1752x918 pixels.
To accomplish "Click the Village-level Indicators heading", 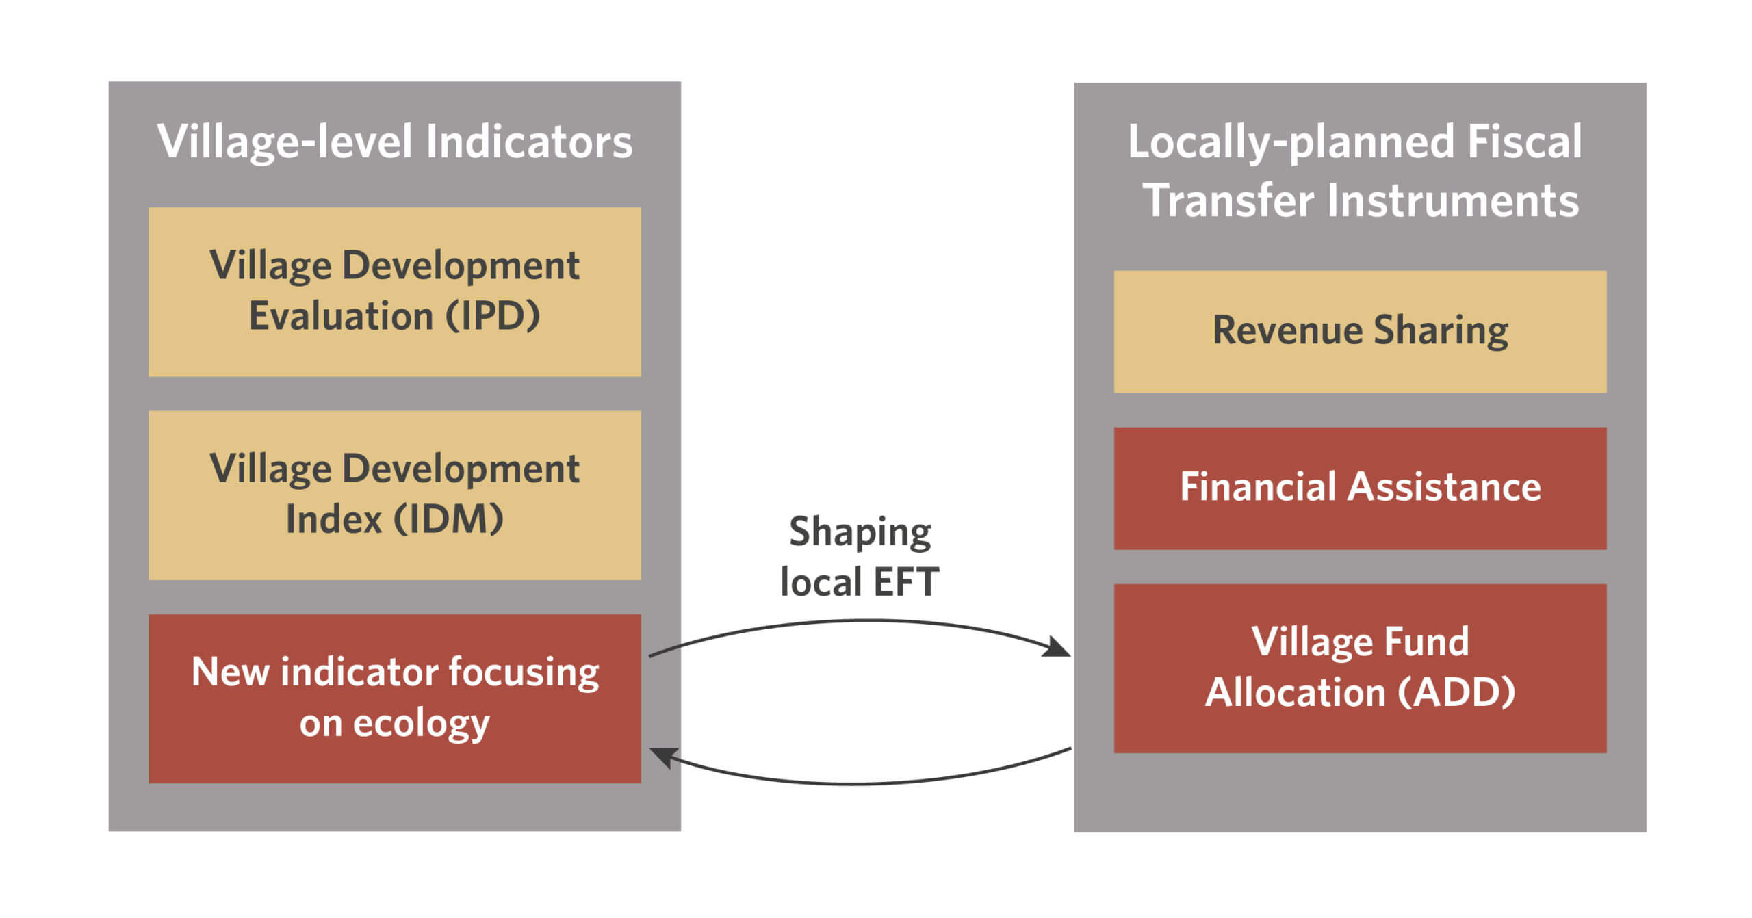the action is pyautogui.click(x=395, y=142).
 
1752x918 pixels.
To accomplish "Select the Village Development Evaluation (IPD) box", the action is pyautogui.click(x=395, y=292).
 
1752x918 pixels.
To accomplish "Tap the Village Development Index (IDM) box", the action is pyautogui.click(x=395, y=495).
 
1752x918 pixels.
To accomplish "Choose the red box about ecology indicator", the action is pyautogui.click(x=395, y=698).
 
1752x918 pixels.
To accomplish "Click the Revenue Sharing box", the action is pyautogui.click(x=1360, y=332).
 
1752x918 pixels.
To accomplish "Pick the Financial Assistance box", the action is pyautogui.click(x=1360, y=488).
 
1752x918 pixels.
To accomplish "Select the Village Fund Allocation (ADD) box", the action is pyautogui.click(x=1360, y=668).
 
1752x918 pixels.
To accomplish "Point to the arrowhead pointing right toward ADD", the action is pyautogui.click(x=1057, y=647).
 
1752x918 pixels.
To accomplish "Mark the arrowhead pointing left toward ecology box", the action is pyautogui.click(x=664, y=757).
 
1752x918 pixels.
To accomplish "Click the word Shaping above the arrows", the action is pyautogui.click(x=860, y=532).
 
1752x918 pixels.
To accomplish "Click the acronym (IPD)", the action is pyautogui.click(x=493, y=316).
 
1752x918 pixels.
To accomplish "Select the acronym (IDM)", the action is pyautogui.click(x=448, y=519).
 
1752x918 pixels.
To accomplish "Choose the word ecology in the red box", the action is pyautogui.click(x=421, y=724).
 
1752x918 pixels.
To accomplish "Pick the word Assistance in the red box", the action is pyautogui.click(x=1445, y=487).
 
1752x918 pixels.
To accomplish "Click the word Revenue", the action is pyautogui.click(x=1288, y=330).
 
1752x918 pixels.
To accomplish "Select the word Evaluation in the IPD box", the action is pyautogui.click(x=341, y=316).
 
